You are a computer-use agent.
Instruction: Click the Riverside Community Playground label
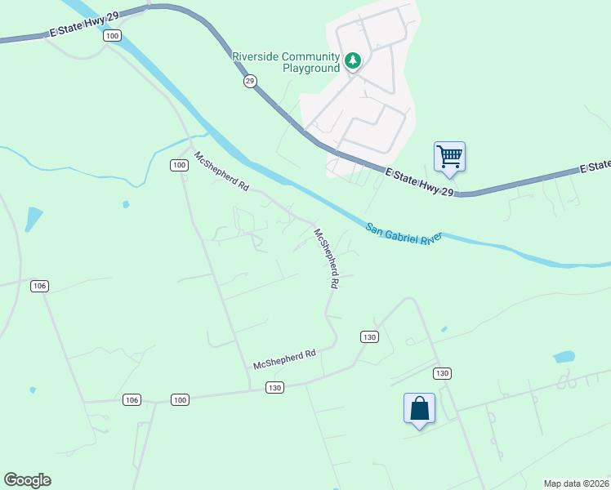tap(286, 62)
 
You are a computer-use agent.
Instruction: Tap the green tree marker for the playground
tap(353, 61)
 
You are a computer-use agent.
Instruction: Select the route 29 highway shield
tap(250, 82)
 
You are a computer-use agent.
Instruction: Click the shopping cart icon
tap(449, 156)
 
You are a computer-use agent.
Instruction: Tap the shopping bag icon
tap(419, 408)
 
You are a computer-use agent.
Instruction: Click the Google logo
tap(27, 480)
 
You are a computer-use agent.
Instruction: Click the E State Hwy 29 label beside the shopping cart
tap(419, 182)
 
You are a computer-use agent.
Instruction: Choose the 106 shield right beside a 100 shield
tap(132, 399)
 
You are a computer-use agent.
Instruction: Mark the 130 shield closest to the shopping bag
tap(442, 373)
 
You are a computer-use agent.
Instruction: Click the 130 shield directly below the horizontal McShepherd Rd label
tap(275, 388)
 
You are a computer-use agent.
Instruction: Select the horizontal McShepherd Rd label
tap(284, 360)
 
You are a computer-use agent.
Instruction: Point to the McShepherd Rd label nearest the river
tap(221, 171)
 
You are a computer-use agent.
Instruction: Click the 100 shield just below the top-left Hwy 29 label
tap(113, 36)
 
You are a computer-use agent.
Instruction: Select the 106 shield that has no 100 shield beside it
tap(39, 286)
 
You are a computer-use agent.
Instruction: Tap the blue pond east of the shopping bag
tap(564, 357)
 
